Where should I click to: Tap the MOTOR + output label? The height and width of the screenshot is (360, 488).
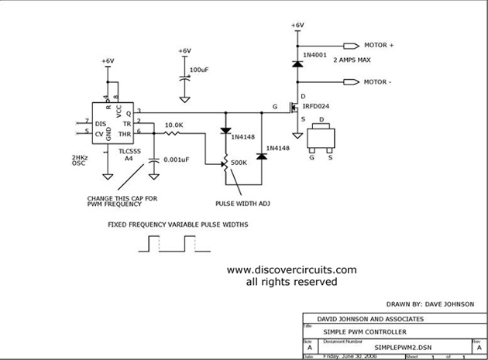(x=380, y=46)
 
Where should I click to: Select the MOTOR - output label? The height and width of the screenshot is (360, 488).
(x=379, y=81)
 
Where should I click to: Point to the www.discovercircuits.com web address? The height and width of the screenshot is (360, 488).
(x=291, y=270)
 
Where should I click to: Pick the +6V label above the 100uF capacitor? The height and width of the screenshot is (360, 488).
(x=184, y=51)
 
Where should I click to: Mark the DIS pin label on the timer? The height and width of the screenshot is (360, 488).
(x=100, y=123)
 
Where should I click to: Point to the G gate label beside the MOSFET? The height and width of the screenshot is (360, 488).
(x=273, y=107)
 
